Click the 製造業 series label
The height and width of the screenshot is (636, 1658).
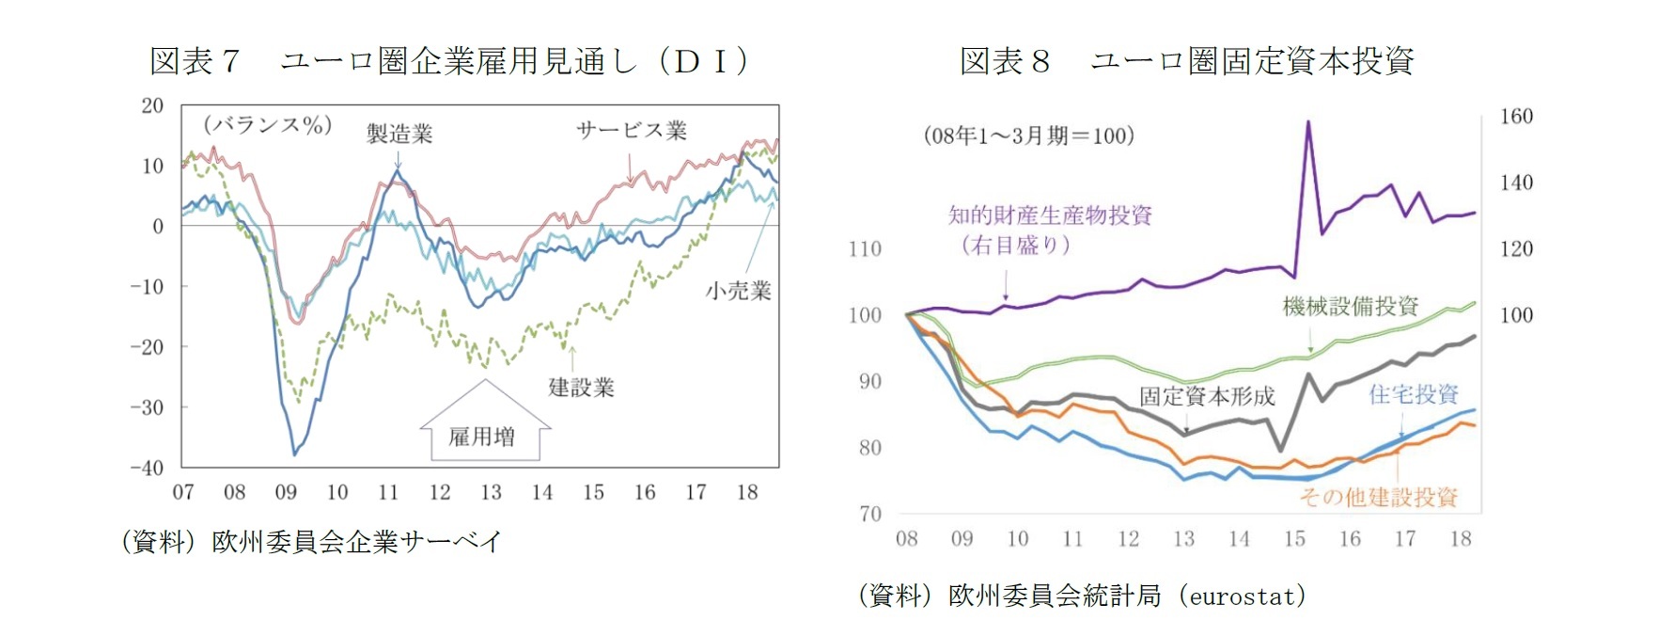click(399, 134)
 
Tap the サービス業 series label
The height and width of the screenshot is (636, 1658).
click(632, 131)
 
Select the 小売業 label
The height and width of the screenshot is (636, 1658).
click(739, 291)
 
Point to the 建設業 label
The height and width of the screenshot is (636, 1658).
click(581, 387)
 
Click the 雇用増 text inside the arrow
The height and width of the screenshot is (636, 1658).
click(481, 437)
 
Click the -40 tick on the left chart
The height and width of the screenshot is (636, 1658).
click(147, 468)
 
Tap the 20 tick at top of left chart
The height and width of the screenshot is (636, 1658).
click(152, 105)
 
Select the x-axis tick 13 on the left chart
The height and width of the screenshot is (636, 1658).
click(491, 492)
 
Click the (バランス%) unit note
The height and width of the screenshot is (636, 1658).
click(268, 125)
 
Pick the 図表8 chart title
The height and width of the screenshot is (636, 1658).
click(1186, 61)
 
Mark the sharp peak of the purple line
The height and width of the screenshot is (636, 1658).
click(1307, 121)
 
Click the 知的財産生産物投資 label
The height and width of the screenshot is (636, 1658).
click(1050, 215)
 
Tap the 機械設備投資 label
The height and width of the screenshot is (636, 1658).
click(1351, 306)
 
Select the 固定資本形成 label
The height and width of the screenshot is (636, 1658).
click(1207, 396)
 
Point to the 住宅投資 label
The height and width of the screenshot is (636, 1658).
click(1413, 394)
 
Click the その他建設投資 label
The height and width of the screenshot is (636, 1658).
click(1378, 497)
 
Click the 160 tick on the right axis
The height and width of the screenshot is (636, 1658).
click(1515, 117)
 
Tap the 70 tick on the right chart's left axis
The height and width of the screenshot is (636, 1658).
click(870, 514)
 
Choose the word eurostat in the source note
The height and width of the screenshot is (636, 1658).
click(1241, 596)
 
